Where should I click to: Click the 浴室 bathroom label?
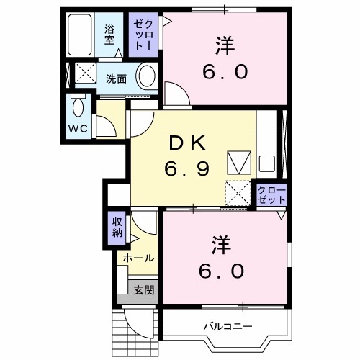[x=109, y=35]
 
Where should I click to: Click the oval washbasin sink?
[x=146, y=76]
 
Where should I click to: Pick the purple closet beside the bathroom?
[x=141, y=35]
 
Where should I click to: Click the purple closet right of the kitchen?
[x=272, y=195]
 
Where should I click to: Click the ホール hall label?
[x=138, y=258]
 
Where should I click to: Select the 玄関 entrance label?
[x=143, y=290]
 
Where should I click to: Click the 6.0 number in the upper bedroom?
[x=224, y=72]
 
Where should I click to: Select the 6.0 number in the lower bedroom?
[x=222, y=272]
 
